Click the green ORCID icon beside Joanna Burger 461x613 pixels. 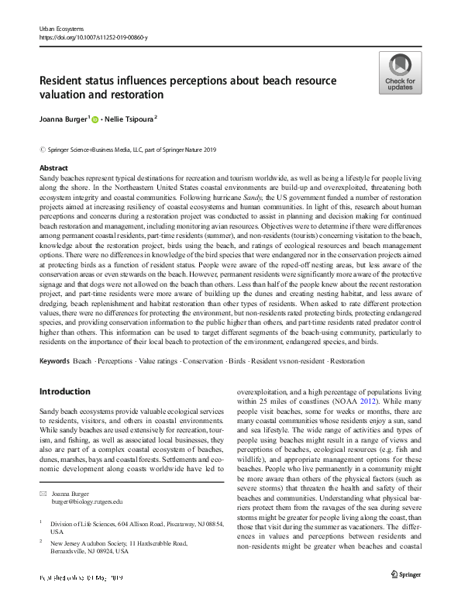(96, 121)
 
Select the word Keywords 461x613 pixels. (54, 362)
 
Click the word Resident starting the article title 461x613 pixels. (64, 81)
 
